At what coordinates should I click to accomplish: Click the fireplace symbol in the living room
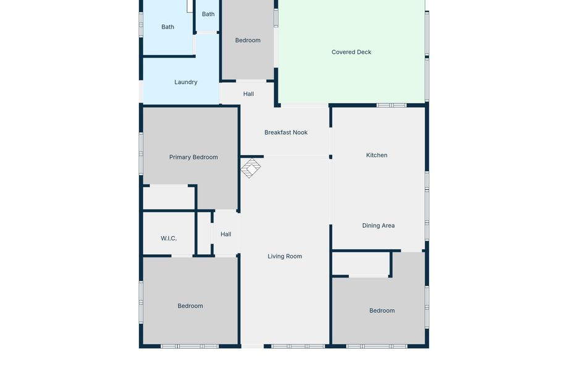click(x=251, y=168)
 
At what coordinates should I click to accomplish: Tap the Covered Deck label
click(x=351, y=52)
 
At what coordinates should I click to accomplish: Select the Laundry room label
click(x=186, y=82)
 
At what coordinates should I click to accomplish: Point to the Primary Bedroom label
click(x=193, y=157)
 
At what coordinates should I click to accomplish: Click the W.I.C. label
click(x=169, y=238)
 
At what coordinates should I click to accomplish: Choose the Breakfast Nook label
click(x=286, y=132)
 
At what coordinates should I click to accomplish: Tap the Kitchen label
click(x=377, y=155)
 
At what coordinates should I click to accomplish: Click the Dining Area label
click(x=378, y=226)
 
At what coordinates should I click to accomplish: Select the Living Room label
click(x=285, y=257)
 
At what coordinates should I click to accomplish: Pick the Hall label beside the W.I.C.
click(x=226, y=234)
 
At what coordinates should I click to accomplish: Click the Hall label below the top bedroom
click(x=248, y=94)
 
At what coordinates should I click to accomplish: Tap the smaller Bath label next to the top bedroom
click(x=208, y=14)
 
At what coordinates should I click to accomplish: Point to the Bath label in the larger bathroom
click(x=168, y=27)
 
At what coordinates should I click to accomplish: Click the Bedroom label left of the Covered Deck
click(x=248, y=40)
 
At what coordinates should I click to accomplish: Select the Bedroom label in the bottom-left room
click(x=190, y=306)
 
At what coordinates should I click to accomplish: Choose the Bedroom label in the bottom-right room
click(x=382, y=311)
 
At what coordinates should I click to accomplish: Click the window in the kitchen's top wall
click(x=391, y=105)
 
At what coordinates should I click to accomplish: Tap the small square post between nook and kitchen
click(x=330, y=157)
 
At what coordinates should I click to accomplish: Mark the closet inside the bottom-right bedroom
click(x=361, y=263)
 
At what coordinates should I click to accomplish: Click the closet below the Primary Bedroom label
click(x=169, y=198)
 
